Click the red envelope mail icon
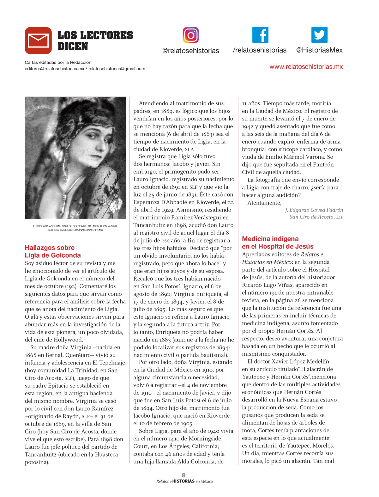[x=38, y=40]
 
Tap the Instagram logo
[x=190, y=35]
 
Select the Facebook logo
[x=260, y=35]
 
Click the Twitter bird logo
[x=319, y=35]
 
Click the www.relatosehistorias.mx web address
[x=306, y=67]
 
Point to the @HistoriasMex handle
[x=319, y=50]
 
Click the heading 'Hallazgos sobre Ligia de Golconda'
[x=53, y=251]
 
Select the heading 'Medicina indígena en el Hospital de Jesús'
[x=278, y=242]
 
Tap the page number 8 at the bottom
[x=183, y=475]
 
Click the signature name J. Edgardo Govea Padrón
[x=314, y=210]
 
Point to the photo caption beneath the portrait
[x=75, y=228]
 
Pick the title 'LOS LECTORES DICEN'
[x=95, y=40]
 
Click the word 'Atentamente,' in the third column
[x=264, y=203]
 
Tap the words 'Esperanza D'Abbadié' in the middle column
[x=159, y=202]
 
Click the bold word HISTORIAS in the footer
[x=183, y=481]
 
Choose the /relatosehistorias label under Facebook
[x=259, y=50]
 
